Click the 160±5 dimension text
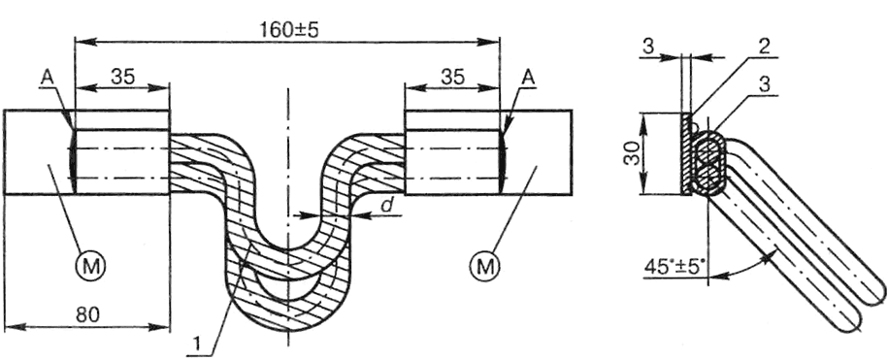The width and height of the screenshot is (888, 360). point(289,30)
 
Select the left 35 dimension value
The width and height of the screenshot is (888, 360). point(123,77)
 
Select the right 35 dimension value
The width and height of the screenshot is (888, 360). point(452,77)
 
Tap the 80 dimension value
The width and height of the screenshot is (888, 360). point(87,315)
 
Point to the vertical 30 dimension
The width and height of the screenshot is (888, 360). point(634,153)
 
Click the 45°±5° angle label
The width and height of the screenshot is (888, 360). point(675,266)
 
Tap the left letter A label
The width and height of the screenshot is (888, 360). point(47,79)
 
